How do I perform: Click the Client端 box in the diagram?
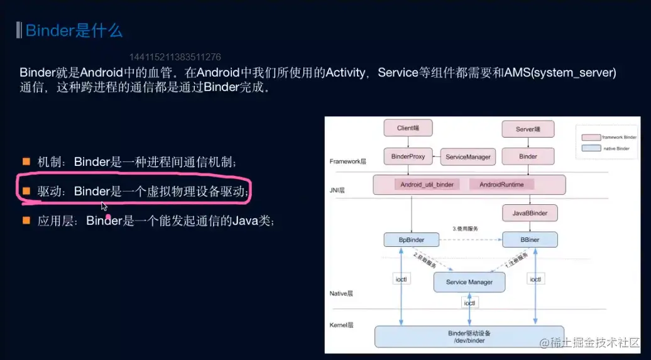pyautogui.click(x=408, y=128)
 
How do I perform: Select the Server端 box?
pyautogui.click(x=528, y=129)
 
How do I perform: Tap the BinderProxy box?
pyautogui.click(x=408, y=156)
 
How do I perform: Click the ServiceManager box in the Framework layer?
pyautogui.click(x=468, y=156)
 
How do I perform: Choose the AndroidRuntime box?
pyautogui.click(x=506, y=185)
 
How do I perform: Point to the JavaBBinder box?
pyautogui.click(x=529, y=213)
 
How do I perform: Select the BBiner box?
pyautogui.click(x=530, y=240)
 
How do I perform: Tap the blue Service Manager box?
pyautogui.click(x=469, y=282)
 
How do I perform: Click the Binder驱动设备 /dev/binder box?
pyautogui.click(x=469, y=336)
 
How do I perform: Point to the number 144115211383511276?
pyautogui.click(x=175, y=57)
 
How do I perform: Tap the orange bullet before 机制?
pyautogui.click(x=26, y=161)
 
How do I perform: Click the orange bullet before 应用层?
pyautogui.click(x=26, y=220)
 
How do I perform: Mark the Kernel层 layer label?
pyautogui.click(x=342, y=325)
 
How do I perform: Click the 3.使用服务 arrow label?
pyautogui.click(x=466, y=229)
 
